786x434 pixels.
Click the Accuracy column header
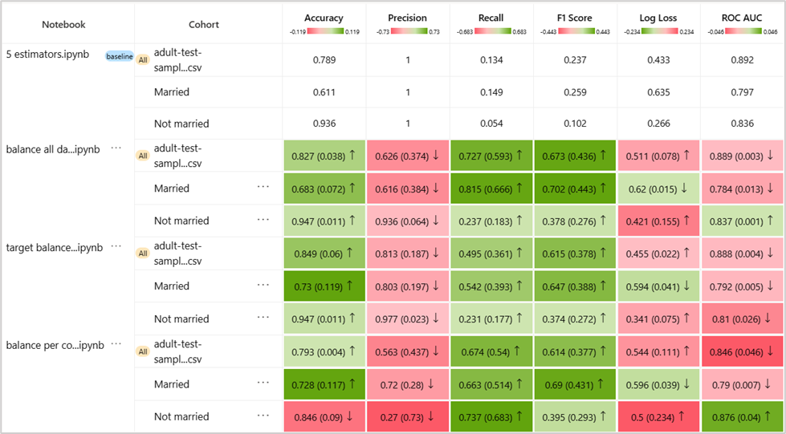pyautogui.click(x=324, y=18)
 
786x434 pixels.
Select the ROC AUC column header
pyautogui.click(x=742, y=18)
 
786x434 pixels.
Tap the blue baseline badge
pyautogui.click(x=120, y=56)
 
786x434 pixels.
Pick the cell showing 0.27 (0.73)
pyautogui.click(x=407, y=416)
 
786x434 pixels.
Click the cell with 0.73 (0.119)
pyautogui.click(x=324, y=286)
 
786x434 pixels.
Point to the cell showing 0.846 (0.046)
pyautogui.click(x=742, y=351)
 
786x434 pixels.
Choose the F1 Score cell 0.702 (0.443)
pyautogui.click(x=575, y=189)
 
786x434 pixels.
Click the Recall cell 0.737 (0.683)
pyautogui.click(x=491, y=416)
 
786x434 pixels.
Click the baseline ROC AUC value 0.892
pyautogui.click(x=742, y=59)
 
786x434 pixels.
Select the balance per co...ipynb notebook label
pyautogui.click(x=55, y=345)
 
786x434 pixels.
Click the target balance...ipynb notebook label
pyautogui.click(x=54, y=247)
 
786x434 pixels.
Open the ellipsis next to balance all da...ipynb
pyautogui.click(x=116, y=148)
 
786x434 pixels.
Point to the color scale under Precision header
pyautogui.click(x=407, y=32)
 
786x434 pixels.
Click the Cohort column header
pyautogui.click(x=204, y=25)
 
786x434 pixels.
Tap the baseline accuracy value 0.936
pyautogui.click(x=324, y=124)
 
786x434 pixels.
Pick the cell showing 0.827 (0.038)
pyautogui.click(x=324, y=156)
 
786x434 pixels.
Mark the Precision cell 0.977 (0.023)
pyautogui.click(x=407, y=318)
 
